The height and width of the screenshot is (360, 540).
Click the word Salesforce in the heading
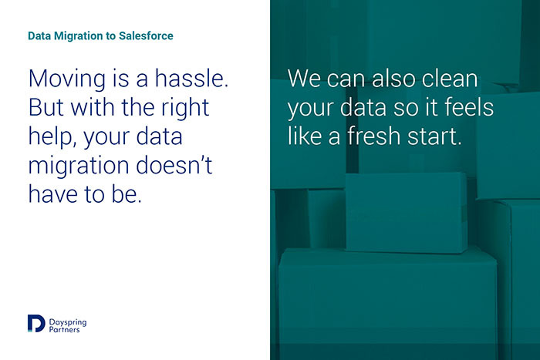click(x=146, y=35)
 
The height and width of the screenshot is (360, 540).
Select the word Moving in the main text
click(x=67, y=79)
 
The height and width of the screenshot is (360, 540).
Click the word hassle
click(x=191, y=78)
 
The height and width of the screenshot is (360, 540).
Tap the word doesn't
click(x=174, y=165)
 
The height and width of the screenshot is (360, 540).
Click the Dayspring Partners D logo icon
click(x=36, y=323)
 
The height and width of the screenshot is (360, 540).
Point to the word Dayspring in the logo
click(x=68, y=323)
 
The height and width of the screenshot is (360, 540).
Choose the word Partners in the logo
click(x=64, y=330)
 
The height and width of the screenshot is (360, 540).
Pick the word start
click(x=434, y=136)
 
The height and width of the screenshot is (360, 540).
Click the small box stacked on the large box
click(x=407, y=213)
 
